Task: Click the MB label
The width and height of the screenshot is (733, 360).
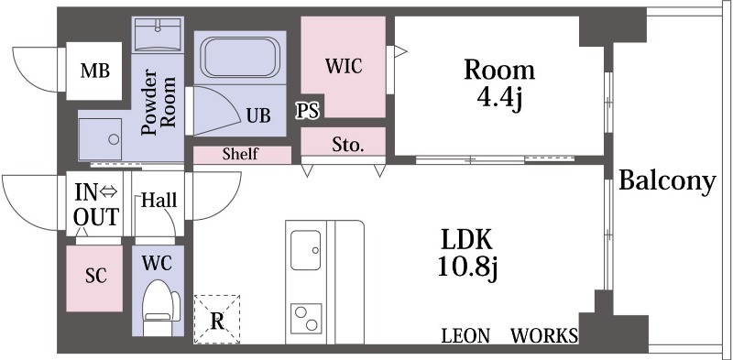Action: tap(95, 71)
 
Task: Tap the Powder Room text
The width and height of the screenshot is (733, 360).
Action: tap(159, 102)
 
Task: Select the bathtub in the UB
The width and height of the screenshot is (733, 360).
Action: tap(240, 58)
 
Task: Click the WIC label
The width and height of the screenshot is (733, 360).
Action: tap(344, 66)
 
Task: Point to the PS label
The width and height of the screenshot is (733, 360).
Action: tap(308, 111)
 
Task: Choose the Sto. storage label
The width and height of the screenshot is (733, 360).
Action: tap(348, 145)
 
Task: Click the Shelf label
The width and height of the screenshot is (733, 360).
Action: tap(240, 154)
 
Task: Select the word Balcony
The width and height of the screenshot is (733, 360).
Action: tap(667, 181)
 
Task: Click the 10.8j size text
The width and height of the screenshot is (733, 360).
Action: tap(467, 267)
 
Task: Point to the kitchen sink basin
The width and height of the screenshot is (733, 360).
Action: tap(305, 250)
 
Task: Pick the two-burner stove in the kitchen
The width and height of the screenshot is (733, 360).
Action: tap(306, 319)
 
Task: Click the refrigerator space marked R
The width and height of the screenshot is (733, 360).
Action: tap(217, 320)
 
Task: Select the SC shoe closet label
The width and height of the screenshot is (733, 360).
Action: tap(95, 276)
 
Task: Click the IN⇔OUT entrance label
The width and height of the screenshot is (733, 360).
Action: tap(96, 204)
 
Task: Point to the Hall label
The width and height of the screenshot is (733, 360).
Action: tap(159, 200)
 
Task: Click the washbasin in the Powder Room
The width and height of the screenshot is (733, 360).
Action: tap(158, 35)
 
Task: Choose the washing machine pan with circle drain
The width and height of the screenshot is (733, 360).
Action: tap(100, 139)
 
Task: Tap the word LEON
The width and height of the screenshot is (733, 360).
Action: tap(465, 335)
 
